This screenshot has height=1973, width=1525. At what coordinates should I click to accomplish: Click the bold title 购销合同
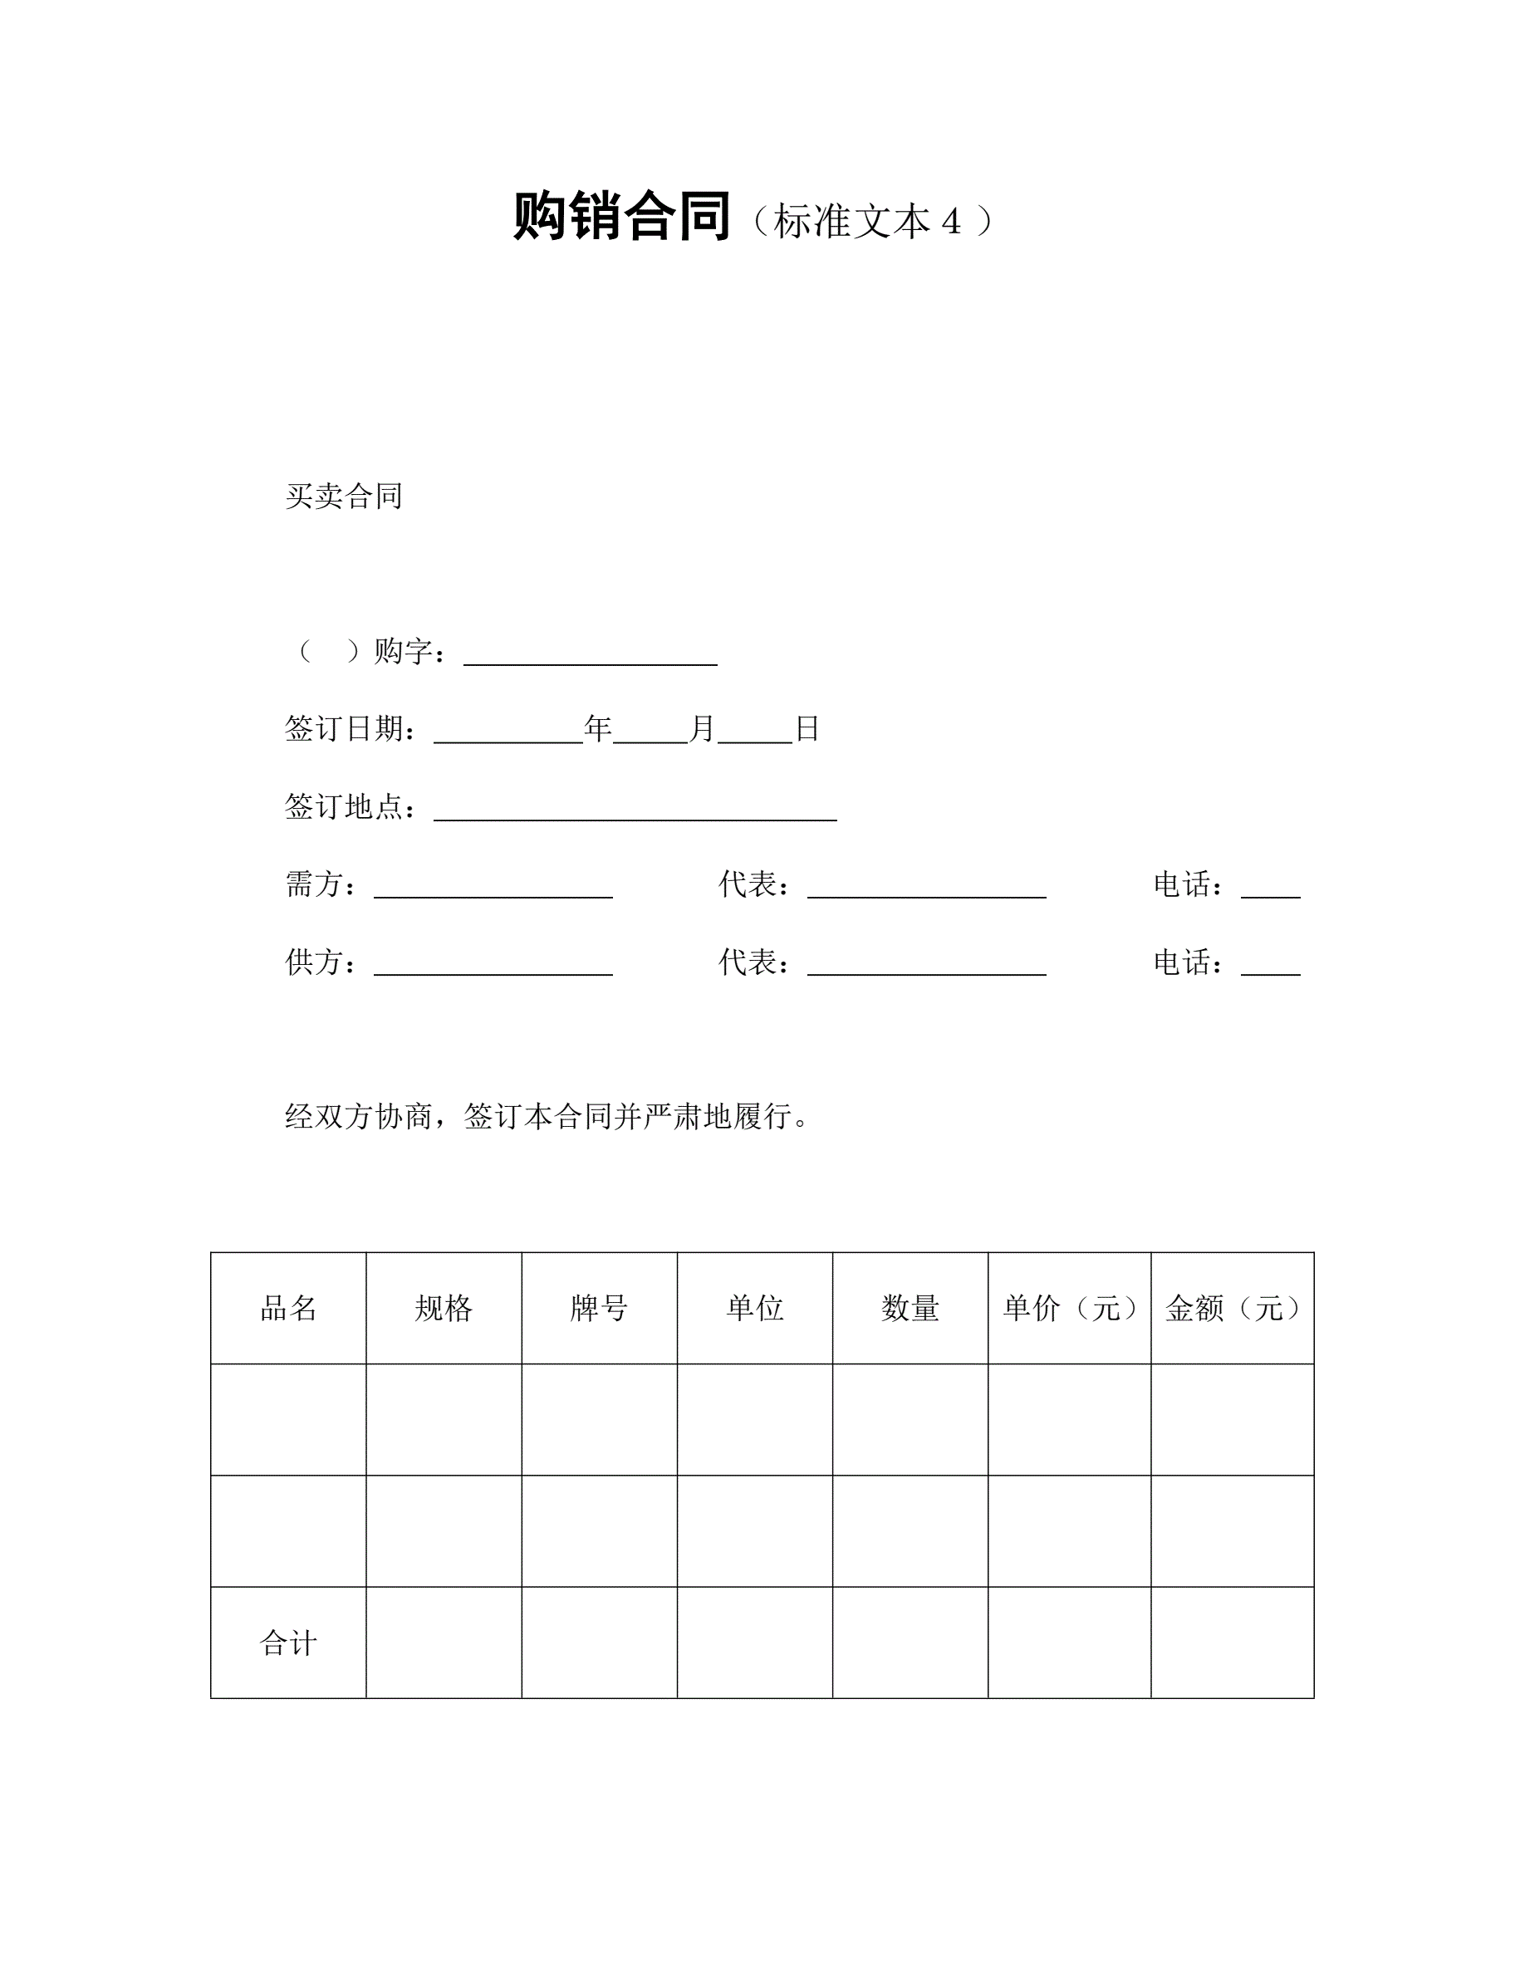point(621,218)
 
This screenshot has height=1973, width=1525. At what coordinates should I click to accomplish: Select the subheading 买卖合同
point(343,496)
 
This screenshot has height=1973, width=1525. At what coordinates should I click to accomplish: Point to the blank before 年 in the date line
point(508,730)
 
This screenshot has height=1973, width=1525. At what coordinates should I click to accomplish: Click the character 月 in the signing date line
point(702,728)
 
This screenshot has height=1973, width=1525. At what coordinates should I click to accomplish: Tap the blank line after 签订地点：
point(635,808)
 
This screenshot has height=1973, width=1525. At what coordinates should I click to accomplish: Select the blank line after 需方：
point(493,886)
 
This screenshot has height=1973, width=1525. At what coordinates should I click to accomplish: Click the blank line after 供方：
point(493,964)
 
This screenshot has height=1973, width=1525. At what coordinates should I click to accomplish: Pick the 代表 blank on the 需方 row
point(926,886)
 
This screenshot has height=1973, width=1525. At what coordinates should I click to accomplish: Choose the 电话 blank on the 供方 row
point(1270,964)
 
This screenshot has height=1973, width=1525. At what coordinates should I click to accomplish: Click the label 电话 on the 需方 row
point(1182,884)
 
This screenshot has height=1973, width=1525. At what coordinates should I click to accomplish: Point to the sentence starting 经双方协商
point(546,1117)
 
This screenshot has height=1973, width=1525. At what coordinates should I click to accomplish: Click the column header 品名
point(288,1308)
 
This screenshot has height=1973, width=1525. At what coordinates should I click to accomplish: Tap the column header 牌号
point(599,1308)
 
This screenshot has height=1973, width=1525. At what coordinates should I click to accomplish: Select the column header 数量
point(910,1308)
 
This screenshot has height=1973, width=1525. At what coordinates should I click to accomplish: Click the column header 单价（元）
point(1069,1308)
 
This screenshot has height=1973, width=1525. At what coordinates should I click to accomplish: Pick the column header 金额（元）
point(1232,1308)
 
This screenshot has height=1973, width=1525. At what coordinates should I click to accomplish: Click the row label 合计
point(288,1643)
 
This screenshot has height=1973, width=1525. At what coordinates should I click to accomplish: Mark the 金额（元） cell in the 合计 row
point(1232,1643)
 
